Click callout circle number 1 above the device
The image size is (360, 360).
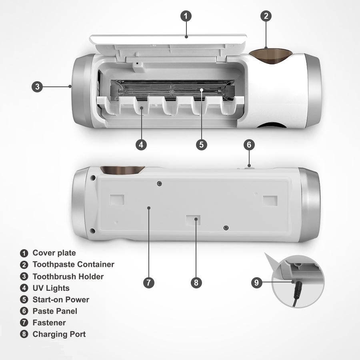click(x=186, y=16)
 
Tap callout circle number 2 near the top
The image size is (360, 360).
click(x=266, y=16)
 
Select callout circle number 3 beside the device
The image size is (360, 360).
click(x=37, y=87)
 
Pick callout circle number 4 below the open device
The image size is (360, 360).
click(x=141, y=145)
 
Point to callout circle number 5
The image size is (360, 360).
click(x=201, y=145)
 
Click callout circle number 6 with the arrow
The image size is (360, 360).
click(x=249, y=145)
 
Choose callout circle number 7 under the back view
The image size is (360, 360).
click(x=149, y=282)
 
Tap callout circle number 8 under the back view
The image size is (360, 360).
click(x=196, y=282)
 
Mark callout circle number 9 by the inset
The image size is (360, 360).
click(x=257, y=282)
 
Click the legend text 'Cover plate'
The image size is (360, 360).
click(x=54, y=253)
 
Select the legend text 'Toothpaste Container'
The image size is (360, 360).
click(x=74, y=264)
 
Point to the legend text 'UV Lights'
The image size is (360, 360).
click(x=51, y=288)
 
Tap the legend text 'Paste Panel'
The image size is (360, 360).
click(x=55, y=311)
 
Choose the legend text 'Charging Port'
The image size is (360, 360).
click(x=59, y=334)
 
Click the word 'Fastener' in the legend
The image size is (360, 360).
click(x=49, y=322)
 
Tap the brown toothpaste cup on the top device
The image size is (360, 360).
click(x=271, y=55)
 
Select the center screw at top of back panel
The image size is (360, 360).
click(x=160, y=184)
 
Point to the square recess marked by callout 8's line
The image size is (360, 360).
click(x=193, y=220)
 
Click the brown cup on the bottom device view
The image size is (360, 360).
click(x=122, y=170)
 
